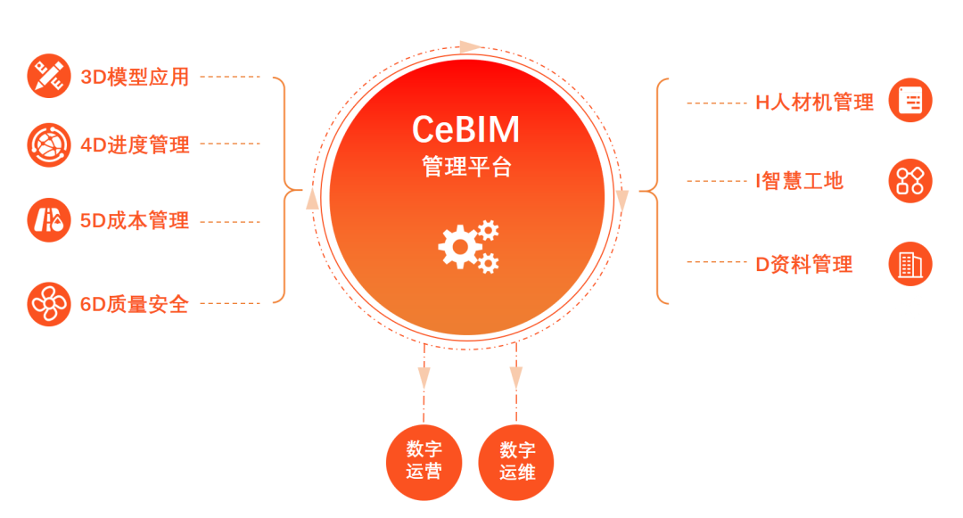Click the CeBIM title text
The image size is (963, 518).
465,131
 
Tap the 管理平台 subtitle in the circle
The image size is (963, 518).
466,167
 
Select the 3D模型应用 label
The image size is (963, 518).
135,77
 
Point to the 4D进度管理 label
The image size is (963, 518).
135,144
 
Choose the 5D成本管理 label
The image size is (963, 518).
135,221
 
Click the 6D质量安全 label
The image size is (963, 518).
135,304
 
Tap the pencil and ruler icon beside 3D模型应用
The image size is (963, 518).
49,77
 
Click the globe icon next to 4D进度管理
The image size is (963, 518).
49,144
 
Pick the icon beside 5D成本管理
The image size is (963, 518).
49,221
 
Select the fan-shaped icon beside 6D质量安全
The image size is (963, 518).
49,304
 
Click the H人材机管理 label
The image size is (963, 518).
814,103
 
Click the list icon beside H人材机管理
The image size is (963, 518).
910,100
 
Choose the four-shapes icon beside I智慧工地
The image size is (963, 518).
910,181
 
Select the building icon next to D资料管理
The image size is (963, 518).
910,264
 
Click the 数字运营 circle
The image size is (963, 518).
424,460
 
